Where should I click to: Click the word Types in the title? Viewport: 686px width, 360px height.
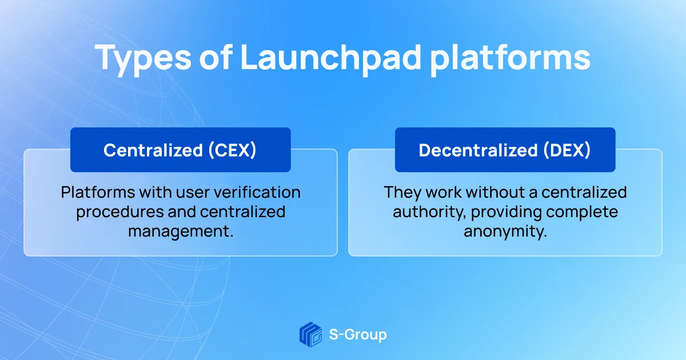143,59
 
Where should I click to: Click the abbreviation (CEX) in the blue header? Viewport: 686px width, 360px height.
233,150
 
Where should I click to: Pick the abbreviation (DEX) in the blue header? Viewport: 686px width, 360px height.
567,150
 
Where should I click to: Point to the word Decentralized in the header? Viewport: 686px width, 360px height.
478,150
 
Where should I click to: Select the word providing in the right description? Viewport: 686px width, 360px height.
506,213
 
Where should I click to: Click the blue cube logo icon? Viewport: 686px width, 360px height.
310,334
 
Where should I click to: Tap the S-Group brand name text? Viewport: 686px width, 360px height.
358,335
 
